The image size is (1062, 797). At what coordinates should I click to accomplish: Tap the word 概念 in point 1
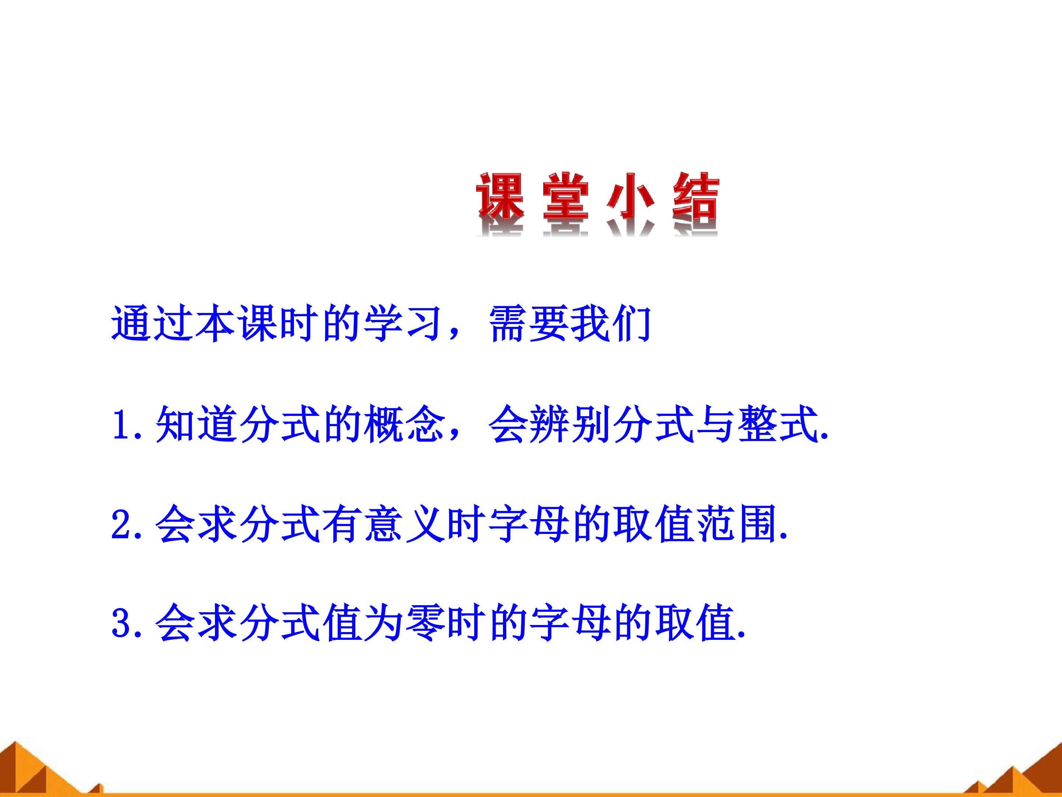[x=404, y=424]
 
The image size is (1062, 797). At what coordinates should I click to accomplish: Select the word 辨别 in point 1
[x=571, y=424]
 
